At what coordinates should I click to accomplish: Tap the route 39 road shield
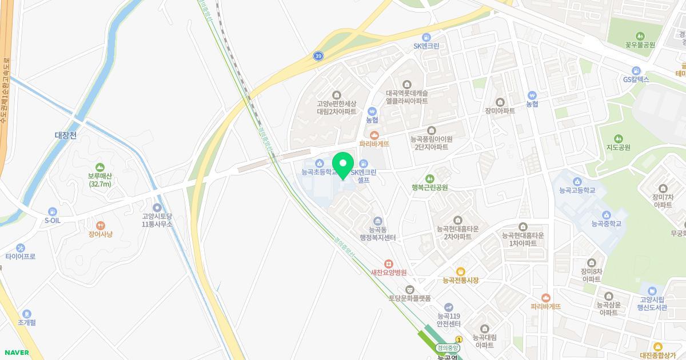(x=318, y=56)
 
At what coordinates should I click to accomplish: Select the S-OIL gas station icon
(x=53, y=211)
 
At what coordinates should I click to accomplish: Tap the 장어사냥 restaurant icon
(x=101, y=226)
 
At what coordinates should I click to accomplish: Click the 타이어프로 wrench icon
(x=21, y=248)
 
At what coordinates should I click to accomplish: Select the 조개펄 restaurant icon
(x=27, y=314)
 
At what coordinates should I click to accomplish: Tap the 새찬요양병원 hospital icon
(x=389, y=263)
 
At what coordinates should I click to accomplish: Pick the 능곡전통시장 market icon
(x=460, y=271)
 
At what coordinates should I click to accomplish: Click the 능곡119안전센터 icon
(x=449, y=307)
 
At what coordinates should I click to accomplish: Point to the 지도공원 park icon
(x=618, y=139)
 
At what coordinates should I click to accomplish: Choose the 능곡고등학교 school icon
(x=575, y=182)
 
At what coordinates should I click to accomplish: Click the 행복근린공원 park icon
(x=429, y=179)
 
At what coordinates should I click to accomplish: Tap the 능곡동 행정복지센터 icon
(x=377, y=221)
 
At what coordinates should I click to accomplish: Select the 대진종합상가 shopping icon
(x=658, y=346)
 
